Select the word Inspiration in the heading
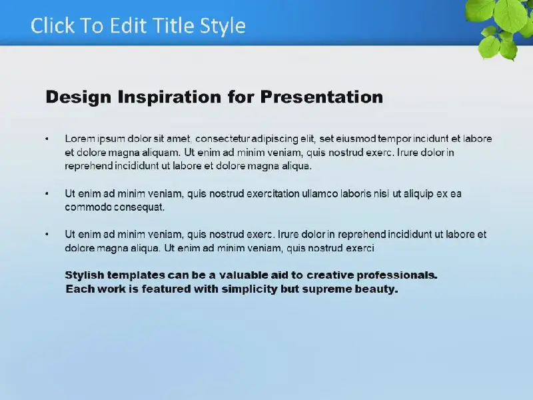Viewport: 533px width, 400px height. (x=169, y=97)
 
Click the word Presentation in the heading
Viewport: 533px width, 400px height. (x=322, y=97)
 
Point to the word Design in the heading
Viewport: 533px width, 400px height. (x=79, y=97)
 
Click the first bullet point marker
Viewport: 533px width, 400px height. (x=47, y=139)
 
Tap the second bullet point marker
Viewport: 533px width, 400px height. (x=47, y=193)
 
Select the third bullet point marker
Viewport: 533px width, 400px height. (x=47, y=235)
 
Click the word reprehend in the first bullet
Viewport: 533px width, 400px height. (x=89, y=166)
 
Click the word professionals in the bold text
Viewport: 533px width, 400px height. (x=396, y=275)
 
